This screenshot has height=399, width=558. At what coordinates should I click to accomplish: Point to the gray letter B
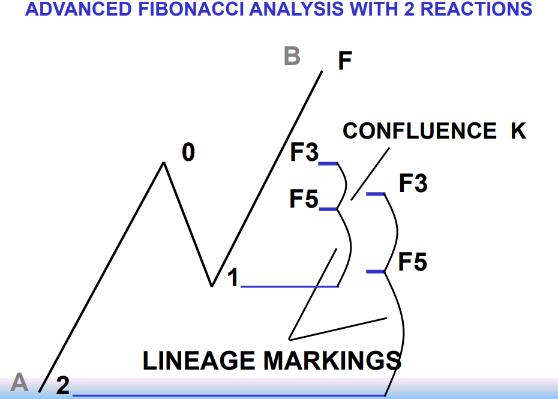click(x=292, y=56)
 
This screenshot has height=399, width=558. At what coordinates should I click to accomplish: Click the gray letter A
click(x=20, y=382)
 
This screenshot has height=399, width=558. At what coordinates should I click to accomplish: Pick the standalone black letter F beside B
click(x=344, y=61)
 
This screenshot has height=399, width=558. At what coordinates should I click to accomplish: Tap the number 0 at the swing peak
click(x=188, y=153)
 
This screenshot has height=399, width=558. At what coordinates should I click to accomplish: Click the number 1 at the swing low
click(x=233, y=277)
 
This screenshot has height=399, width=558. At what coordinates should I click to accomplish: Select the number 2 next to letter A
click(x=62, y=386)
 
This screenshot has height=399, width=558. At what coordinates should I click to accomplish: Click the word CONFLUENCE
click(x=419, y=131)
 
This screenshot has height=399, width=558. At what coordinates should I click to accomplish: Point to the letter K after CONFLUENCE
click(x=518, y=131)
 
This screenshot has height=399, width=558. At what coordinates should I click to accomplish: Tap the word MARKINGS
click(x=332, y=361)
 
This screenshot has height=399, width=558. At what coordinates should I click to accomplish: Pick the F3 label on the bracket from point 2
click(x=413, y=184)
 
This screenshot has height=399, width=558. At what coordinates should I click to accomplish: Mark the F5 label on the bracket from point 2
click(x=413, y=262)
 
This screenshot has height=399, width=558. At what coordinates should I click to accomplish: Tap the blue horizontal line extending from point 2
click(x=228, y=395)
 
